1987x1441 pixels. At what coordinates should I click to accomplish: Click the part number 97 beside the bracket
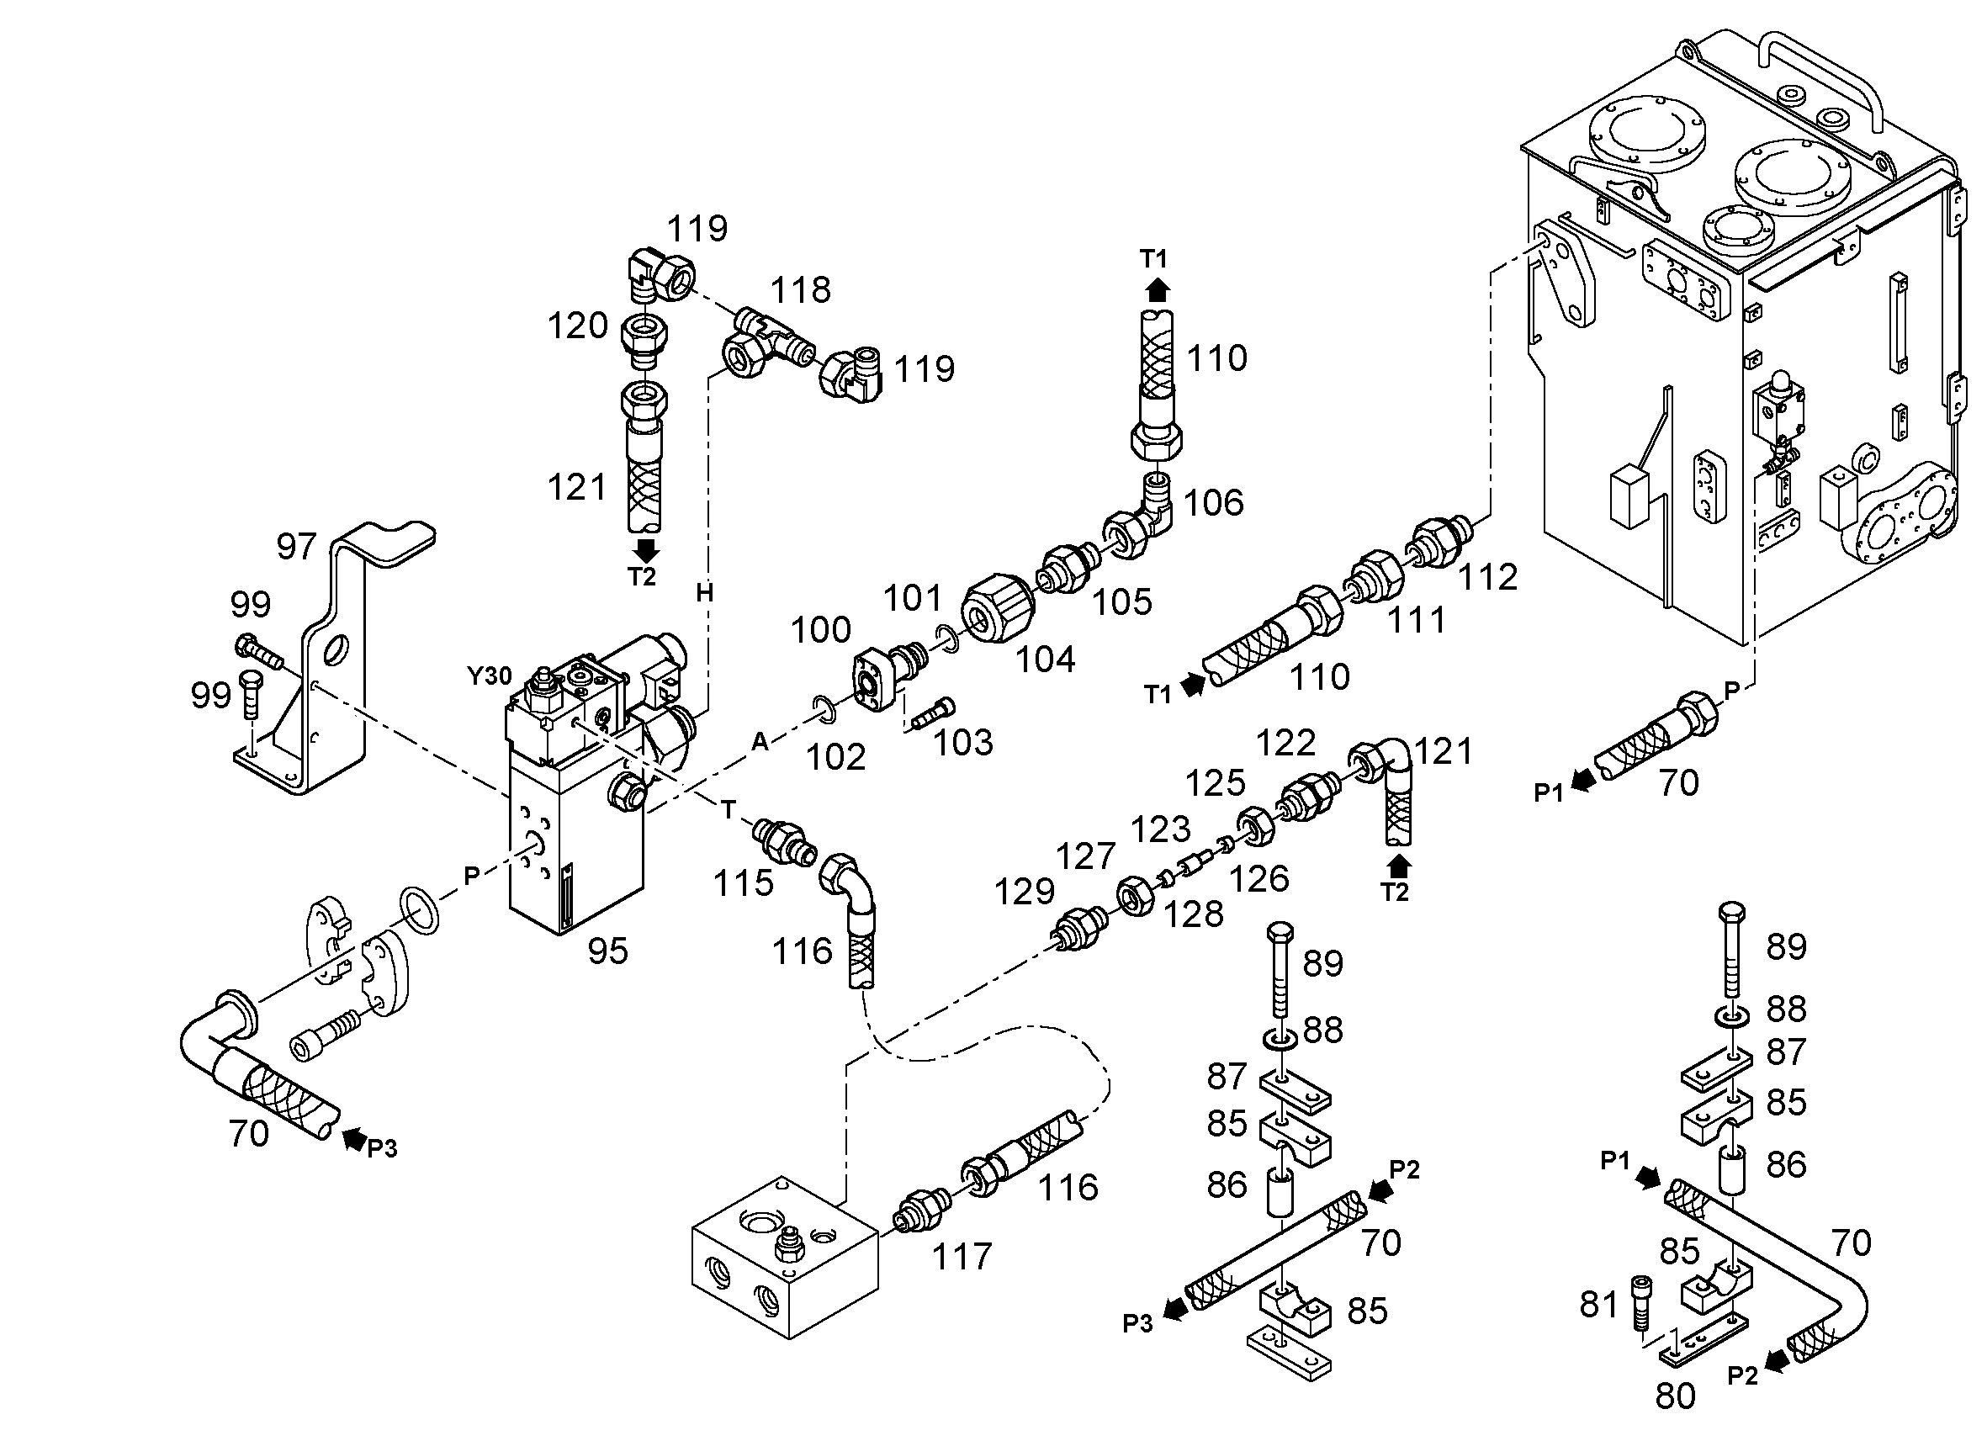pyautogui.click(x=296, y=547)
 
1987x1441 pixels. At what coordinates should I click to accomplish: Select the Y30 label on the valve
pyautogui.click(x=489, y=676)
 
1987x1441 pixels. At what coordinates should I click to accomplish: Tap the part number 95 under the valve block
pyautogui.click(x=608, y=951)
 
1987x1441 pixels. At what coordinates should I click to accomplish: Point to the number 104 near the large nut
pyautogui.click(x=1045, y=659)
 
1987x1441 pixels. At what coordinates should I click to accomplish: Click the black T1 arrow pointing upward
pyautogui.click(x=1158, y=290)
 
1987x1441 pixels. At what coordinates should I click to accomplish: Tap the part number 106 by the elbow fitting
pyautogui.click(x=1213, y=503)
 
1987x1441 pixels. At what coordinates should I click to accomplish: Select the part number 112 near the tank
pyautogui.click(x=1487, y=577)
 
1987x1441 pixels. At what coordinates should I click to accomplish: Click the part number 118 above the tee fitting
pyautogui.click(x=801, y=290)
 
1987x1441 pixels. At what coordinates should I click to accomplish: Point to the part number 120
pyautogui.click(x=577, y=326)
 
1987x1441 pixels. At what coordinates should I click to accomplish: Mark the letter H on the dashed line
pyautogui.click(x=704, y=593)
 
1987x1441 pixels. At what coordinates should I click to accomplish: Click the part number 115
pyautogui.click(x=743, y=884)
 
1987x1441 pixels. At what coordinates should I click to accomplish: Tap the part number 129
pyautogui.click(x=1024, y=892)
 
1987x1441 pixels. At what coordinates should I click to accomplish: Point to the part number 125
pyautogui.click(x=1216, y=783)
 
